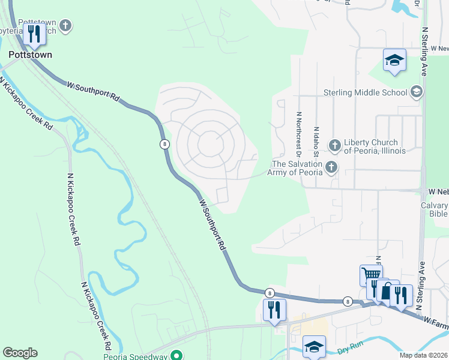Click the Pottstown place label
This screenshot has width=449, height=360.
tap(30, 55)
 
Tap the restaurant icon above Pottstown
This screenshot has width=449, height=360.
tap(35, 34)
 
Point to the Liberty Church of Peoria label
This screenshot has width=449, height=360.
tap(375, 146)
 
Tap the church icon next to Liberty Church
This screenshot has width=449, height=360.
tap(334, 145)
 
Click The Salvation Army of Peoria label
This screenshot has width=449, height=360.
tap(297, 168)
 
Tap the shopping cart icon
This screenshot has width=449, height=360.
tap(370, 276)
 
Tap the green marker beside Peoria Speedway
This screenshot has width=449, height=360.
tap(176, 355)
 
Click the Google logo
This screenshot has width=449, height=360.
tap(20, 353)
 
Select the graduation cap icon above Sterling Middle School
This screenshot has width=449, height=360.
tap(394, 60)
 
